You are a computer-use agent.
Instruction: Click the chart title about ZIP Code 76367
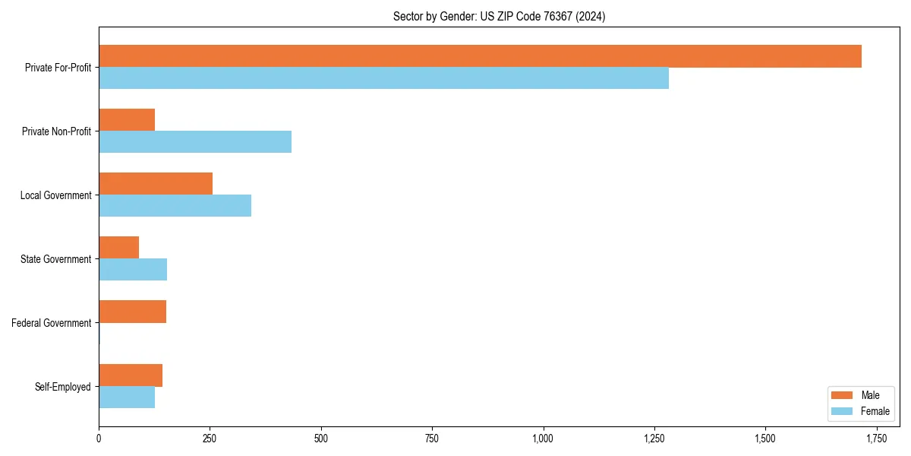pyautogui.click(x=499, y=16)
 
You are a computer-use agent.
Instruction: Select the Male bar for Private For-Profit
pyautogui.click(x=480, y=56)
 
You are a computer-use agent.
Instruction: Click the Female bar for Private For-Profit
pyautogui.click(x=383, y=78)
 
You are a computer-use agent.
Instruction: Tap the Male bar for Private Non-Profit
pyautogui.click(x=127, y=120)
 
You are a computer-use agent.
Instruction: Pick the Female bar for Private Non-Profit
pyautogui.click(x=195, y=142)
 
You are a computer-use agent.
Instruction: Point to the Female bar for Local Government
pyautogui.click(x=175, y=206)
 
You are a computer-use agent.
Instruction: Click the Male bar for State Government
pyautogui.click(x=119, y=248)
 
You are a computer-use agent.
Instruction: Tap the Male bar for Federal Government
pyautogui.click(x=133, y=312)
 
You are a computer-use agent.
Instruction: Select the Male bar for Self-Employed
pyautogui.click(x=131, y=375)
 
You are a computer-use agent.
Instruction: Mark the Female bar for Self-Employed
pyautogui.click(x=127, y=397)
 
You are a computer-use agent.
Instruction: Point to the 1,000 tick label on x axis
pyautogui.click(x=543, y=439)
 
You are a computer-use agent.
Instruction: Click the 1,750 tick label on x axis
pyautogui.click(x=876, y=439)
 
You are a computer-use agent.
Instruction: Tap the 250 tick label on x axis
pyautogui.click(x=210, y=439)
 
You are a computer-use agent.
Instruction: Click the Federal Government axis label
pyautogui.click(x=52, y=323)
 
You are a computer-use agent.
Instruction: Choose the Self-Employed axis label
pyautogui.click(x=63, y=387)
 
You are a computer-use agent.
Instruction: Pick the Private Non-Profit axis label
pyautogui.click(x=56, y=131)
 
